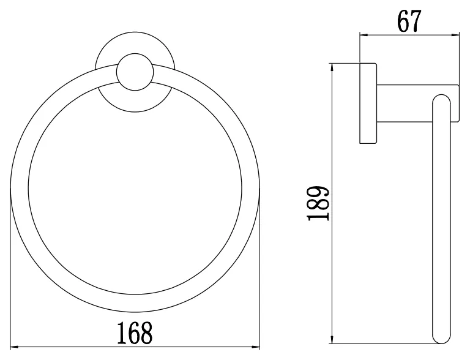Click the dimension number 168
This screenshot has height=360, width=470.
click(135, 332)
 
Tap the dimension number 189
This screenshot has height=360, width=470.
click(318, 203)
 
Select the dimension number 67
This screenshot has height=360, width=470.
click(409, 21)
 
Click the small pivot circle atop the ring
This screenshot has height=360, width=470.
click(135, 72)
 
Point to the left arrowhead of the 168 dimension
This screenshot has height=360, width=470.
click(15, 347)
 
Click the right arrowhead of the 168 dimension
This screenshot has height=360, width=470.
click(256, 347)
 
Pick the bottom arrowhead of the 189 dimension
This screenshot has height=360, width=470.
click(332, 340)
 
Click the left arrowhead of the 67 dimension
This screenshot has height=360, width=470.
click(364, 35)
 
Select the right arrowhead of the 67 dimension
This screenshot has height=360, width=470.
click(455, 35)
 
